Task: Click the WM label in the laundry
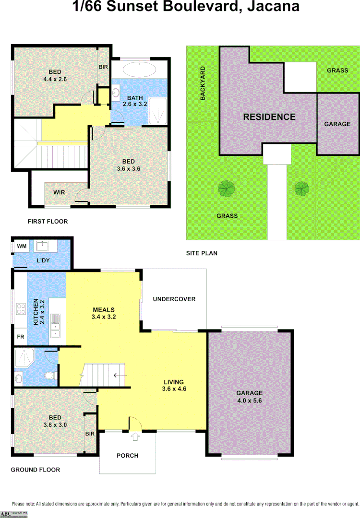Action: click(22, 246)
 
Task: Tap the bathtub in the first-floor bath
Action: click(139, 70)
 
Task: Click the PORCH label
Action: click(128, 455)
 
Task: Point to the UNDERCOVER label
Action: click(174, 299)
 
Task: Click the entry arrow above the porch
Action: click(135, 437)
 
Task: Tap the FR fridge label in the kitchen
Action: click(21, 337)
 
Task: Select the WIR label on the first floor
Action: click(59, 192)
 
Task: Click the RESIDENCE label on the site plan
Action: click(269, 117)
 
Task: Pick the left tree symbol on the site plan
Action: click(227, 188)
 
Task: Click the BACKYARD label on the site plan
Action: click(203, 83)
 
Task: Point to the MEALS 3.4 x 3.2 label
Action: click(104, 313)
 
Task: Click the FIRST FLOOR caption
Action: click(48, 222)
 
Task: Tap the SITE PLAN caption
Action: click(202, 253)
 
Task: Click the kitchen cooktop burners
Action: click(21, 308)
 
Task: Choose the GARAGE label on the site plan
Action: click(337, 124)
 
